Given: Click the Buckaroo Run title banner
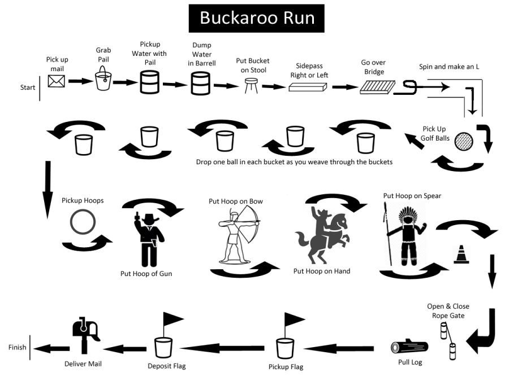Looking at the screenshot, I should pos(256,18).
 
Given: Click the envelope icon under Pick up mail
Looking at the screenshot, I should pos(56,82).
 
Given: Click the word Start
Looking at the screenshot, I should pos(28,87).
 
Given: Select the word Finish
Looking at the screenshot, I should pos(18,347).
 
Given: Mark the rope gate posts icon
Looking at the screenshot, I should pos(447,339).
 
